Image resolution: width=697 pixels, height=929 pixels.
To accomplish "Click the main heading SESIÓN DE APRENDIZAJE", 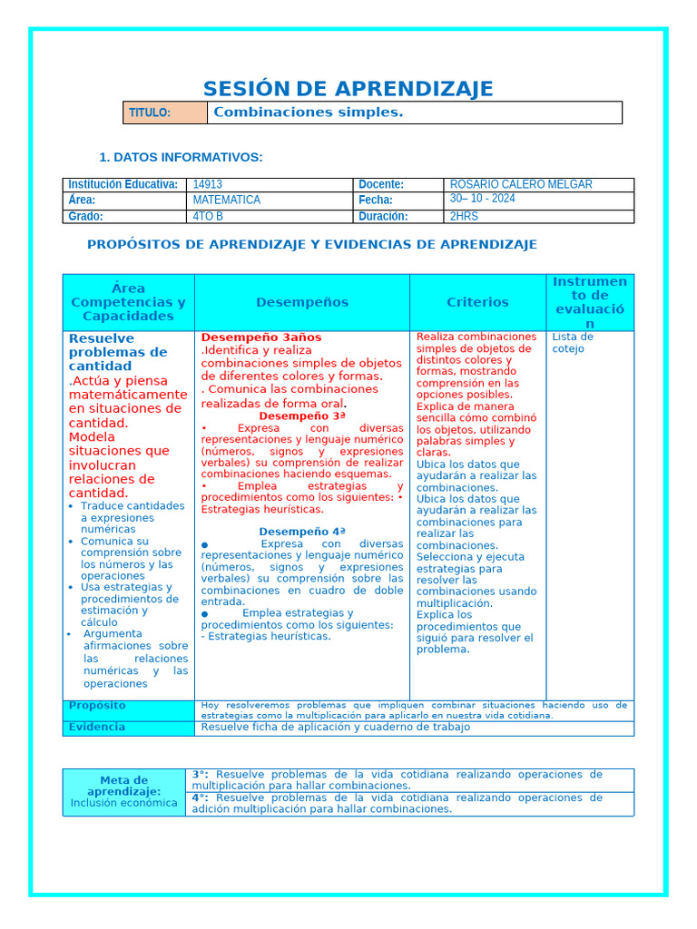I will tap(348, 89).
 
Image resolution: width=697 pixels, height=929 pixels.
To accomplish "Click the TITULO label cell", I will tap(164, 112).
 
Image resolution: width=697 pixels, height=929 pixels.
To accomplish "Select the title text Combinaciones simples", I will tap(307, 112).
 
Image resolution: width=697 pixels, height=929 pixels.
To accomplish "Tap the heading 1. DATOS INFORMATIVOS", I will tap(181, 158).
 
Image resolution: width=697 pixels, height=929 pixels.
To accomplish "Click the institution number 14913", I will tap(208, 184).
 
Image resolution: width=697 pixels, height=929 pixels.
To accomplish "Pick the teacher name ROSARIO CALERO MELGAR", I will tap(521, 184).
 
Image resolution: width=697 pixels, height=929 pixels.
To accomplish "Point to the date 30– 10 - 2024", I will tap(482, 199).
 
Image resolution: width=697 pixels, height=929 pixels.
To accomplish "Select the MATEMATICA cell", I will tap(226, 200).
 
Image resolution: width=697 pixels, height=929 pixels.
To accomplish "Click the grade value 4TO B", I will tap(208, 216).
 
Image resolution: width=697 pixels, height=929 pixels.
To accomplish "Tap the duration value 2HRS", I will tap(464, 216).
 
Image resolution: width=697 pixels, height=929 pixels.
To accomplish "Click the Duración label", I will tap(383, 216).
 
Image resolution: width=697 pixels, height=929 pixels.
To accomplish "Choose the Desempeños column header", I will tap(301, 302).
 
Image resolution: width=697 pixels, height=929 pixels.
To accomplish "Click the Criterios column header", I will tap(477, 302).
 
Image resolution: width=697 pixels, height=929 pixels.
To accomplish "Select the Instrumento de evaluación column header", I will tap(589, 302).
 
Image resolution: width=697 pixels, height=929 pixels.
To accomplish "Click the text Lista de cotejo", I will tap(573, 342).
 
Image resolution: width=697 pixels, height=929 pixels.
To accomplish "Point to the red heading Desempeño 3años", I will tap(261, 337).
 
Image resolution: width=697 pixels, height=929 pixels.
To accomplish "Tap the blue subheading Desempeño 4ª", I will tap(302, 532).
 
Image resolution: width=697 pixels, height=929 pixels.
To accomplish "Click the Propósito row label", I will tap(98, 706).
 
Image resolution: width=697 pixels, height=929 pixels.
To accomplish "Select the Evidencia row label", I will tap(97, 727).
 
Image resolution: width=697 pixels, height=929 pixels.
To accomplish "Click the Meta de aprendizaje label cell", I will tap(123, 791).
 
